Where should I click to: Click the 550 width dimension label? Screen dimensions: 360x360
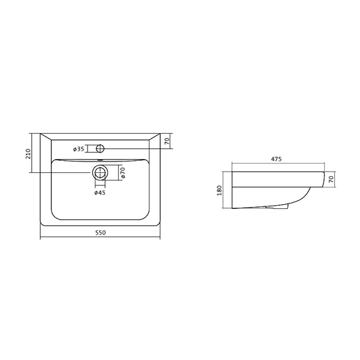pyautogui.click(x=100, y=233)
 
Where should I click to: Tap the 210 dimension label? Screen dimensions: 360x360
pyautogui.click(x=28, y=154)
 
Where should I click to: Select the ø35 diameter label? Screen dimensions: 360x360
pyautogui.click(x=79, y=149)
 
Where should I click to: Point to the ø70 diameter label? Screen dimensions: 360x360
pyautogui.click(x=122, y=173)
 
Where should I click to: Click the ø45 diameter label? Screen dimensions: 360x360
pyautogui.click(x=100, y=193)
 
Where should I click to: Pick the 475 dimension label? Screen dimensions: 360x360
pyautogui.click(x=276, y=159)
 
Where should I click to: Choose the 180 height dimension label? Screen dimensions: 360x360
pyautogui.click(x=220, y=190)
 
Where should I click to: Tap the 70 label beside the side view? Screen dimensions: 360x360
pyautogui.click(x=331, y=179)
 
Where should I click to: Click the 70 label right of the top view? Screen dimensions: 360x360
pyautogui.click(x=167, y=141)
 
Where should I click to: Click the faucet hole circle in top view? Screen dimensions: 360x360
pyautogui.click(x=100, y=148)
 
